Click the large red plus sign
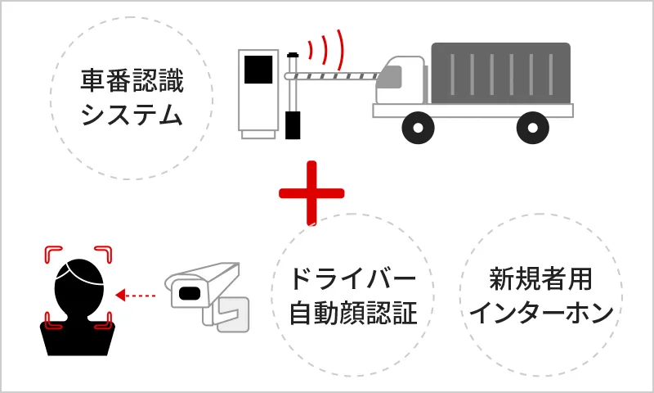311,193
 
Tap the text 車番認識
132,82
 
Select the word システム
132,115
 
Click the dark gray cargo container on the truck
500,73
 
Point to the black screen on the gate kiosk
258,70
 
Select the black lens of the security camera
190,291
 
